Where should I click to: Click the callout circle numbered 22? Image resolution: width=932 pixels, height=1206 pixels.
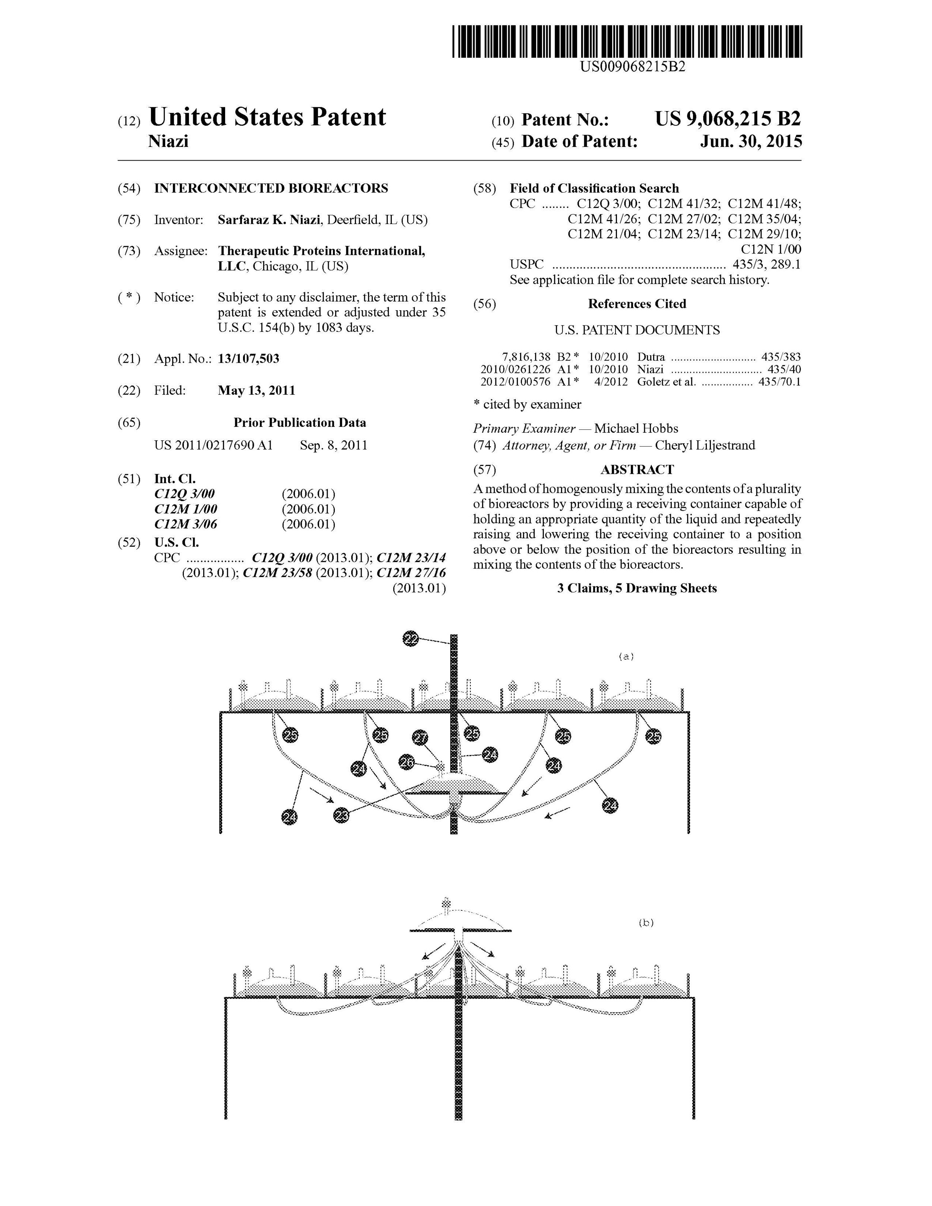(411, 639)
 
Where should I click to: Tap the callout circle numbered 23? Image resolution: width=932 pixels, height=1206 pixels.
(342, 815)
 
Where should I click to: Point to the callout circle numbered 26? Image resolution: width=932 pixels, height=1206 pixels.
(407, 762)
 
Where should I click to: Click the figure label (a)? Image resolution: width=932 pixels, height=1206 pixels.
(626, 656)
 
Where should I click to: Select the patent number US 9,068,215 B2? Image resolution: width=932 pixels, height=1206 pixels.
(727, 119)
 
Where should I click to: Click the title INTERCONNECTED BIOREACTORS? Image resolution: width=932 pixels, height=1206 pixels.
(271, 188)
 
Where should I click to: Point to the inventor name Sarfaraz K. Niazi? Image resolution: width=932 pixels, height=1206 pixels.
(269, 220)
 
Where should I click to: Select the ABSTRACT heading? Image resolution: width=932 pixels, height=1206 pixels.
(637, 469)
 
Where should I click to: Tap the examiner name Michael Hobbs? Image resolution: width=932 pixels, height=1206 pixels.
(636, 428)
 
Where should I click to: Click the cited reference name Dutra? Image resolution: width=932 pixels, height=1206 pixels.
(651, 357)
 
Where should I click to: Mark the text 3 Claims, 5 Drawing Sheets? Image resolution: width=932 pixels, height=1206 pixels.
(637, 588)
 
